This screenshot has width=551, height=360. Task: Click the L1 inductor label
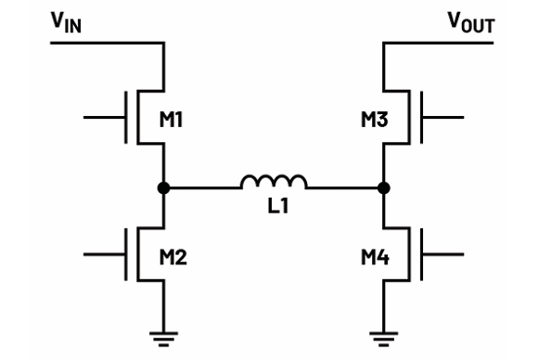274,211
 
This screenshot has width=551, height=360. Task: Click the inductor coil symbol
274,182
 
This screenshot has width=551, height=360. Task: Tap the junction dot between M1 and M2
164,187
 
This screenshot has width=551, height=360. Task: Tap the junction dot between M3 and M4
384,187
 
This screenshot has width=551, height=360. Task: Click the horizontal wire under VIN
107,43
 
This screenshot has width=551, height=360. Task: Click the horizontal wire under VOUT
441,43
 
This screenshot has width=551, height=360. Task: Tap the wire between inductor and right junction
344,187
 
